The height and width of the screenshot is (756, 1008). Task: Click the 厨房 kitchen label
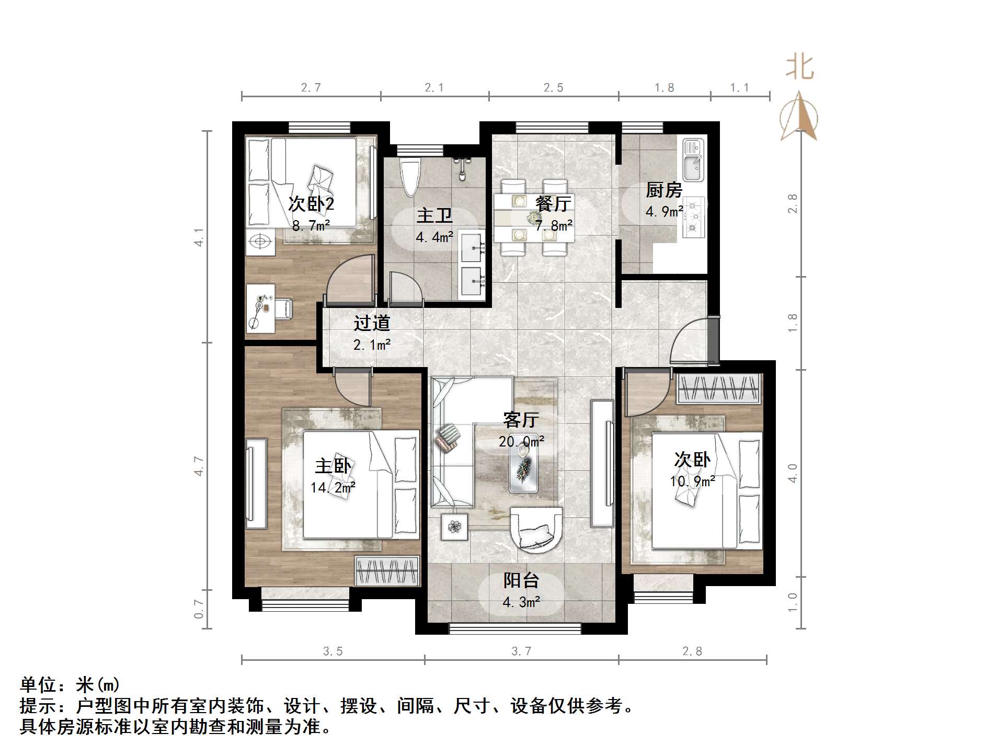[x=663, y=190]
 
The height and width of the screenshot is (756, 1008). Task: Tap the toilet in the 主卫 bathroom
[x=409, y=176]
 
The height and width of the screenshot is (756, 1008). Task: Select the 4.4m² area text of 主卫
[x=434, y=237]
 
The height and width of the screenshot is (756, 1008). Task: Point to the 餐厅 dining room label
[x=553, y=204]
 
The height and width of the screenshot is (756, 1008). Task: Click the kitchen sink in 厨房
[x=694, y=159]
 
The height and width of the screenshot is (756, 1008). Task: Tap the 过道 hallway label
[x=372, y=323]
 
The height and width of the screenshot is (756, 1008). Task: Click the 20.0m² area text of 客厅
[x=521, y=441]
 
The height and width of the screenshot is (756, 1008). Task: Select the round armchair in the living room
[x=536, y=530]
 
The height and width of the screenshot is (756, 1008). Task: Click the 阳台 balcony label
[x=521, y=580]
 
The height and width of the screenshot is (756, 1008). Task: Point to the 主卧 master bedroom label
[x=333, y=466]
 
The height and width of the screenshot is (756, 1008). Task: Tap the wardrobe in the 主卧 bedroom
[x=387, y=571]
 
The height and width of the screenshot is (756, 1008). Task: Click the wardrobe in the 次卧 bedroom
[x=718, y=388]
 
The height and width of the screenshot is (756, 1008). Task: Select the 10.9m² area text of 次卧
[x=692, y=481]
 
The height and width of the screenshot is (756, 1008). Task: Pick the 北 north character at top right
[x=799, y=67]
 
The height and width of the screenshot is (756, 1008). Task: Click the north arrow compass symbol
[x=798, y=117]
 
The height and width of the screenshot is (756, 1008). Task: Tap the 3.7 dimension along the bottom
[x=521, y=651]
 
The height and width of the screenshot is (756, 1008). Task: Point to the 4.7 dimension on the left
[x=199, y=466]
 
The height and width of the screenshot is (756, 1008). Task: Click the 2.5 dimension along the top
[x=553, y=88]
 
